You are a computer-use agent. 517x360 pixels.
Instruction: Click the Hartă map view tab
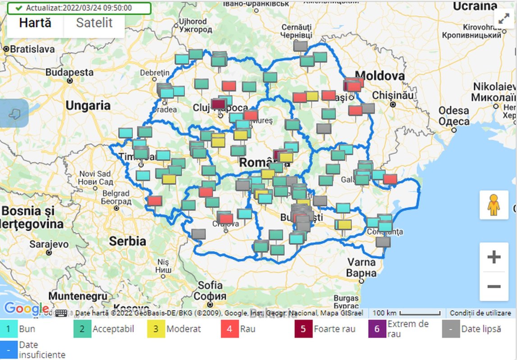click(x=35, y=23)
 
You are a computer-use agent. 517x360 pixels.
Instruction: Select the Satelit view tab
click(x=94, y=23)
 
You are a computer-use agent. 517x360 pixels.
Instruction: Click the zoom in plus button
click(x=494, y=258)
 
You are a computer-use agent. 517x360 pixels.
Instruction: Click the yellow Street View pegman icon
click(x=494, y=205)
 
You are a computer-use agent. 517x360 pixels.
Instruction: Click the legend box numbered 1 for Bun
click(x=9, y=329)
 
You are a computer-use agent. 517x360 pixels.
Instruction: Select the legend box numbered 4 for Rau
click(x=229, y=329)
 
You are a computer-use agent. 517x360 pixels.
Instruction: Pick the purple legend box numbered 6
click(x=377, y=329)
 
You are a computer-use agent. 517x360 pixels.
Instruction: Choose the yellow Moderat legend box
click(x=156, y=329)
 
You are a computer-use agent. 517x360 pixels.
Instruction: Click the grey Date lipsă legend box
click(x=451, y=329)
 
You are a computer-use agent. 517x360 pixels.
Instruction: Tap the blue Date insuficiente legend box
click(x=9, y=349)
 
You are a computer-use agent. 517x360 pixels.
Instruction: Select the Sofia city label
click(x=210, y=286)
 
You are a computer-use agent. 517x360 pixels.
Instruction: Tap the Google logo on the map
click(x=26, y=309)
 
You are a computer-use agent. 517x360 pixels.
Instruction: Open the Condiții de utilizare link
click(x=480, y=313)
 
